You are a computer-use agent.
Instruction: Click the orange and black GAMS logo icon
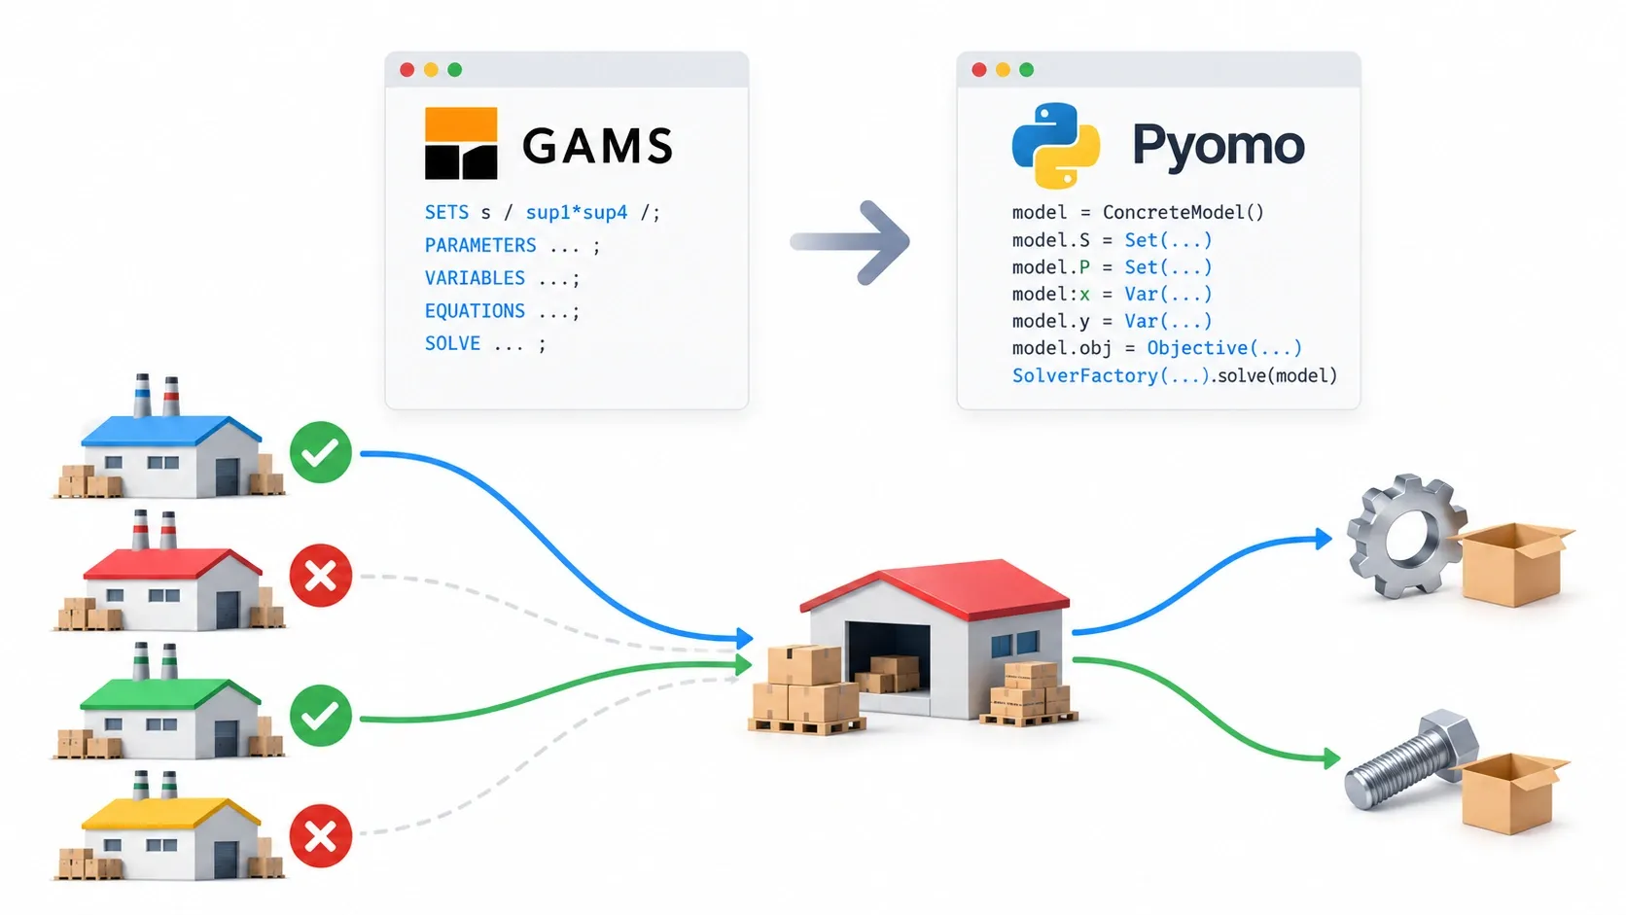pos(461,143)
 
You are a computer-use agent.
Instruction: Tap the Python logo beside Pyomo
pos(1055,145)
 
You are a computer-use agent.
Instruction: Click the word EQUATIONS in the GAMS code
pos(475,310)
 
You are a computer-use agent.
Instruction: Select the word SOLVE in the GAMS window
pos(452,343)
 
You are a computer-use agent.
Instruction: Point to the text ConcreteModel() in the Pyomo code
pos(1184,212)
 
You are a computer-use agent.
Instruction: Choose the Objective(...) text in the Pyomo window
pos(1224,347)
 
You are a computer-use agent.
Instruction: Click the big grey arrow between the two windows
pos(850,241)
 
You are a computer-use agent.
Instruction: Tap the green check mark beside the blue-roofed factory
pos(321,452)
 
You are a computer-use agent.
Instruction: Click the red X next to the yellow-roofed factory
pos(321,835)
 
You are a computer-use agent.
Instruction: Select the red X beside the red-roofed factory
pos(321,576)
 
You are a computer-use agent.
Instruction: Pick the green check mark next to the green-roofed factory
pos(321,715)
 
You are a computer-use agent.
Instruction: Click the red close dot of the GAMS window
pos(407,70)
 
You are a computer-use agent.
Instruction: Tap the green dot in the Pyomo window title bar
pos(1026,70)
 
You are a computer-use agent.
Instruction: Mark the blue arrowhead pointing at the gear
pos(1324,539)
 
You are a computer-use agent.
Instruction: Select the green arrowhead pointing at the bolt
pos(1332,759)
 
